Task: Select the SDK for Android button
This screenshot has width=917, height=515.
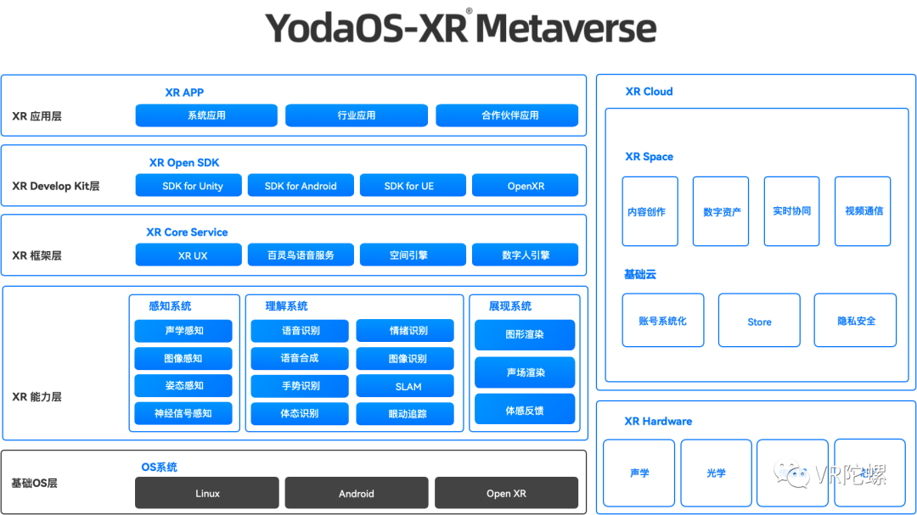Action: pos(301,186)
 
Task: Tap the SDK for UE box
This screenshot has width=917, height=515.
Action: pos(413,186)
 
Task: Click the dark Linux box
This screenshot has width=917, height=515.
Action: pos(207,493)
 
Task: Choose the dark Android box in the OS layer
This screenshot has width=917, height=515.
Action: pos(357,493)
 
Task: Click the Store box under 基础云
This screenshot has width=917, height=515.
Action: pos(759,322)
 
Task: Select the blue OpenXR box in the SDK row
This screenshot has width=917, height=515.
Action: pos(525,186)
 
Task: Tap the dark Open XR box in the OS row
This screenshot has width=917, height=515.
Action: pos(506,493)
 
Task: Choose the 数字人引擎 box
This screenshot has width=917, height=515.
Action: pos(525,255)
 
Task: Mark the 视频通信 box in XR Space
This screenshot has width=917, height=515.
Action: pos(863,211)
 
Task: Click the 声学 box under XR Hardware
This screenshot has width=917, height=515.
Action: pos(639,473)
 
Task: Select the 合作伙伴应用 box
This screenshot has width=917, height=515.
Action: pos(507,115)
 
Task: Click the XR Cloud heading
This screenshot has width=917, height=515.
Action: pos(649,92)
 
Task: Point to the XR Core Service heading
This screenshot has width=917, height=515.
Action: pos(187,232)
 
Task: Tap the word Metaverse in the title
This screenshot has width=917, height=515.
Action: pos(565,28)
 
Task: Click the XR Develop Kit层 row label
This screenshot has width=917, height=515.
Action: pos(56,186)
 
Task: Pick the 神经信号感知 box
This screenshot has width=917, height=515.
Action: pos(183,413)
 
